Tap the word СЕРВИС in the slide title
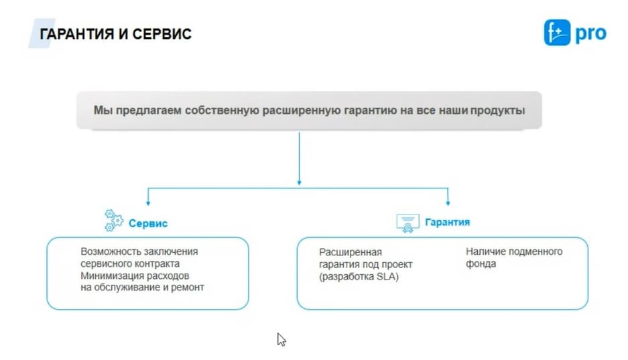[162, 34]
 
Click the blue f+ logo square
[557, 32]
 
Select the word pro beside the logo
[590, 34]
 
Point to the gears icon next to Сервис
[114, 221]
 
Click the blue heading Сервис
[148, 223]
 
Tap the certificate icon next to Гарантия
[407, 223]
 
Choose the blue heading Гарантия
[447, 223]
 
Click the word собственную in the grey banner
[222, 110]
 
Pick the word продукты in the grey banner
[497, 110]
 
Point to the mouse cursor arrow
[281, 340]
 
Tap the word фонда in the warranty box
[481, 264]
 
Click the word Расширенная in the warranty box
[351, 252]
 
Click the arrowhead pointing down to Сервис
[148, 203]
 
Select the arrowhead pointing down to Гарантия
[448, 203]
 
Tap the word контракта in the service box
[157, 264]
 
